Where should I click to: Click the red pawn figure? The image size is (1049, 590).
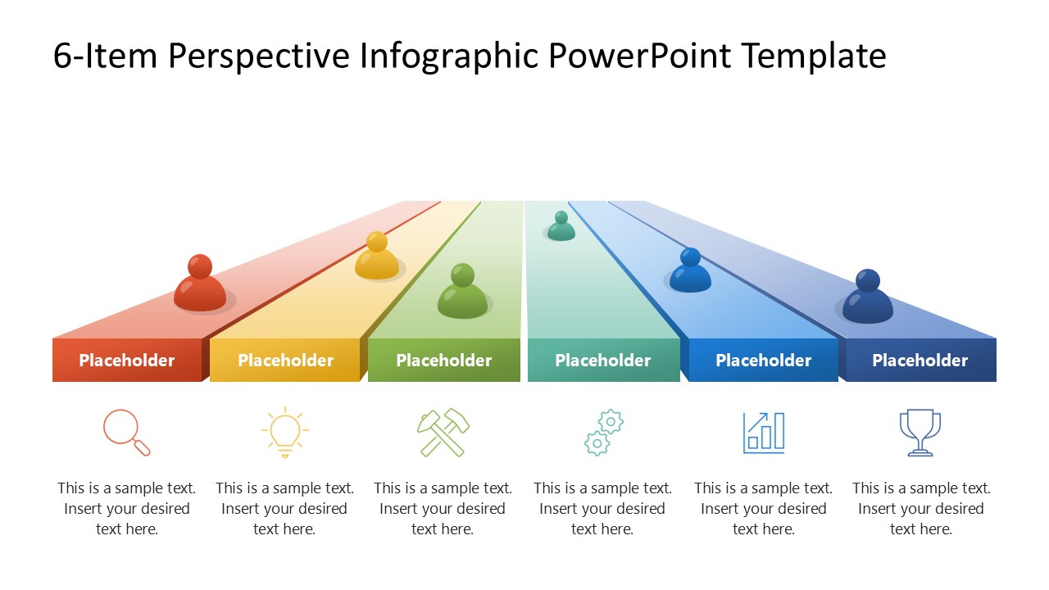tap(200, 285)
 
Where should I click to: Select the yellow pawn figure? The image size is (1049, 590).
tap(377, 256)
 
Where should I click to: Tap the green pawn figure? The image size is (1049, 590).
tap(462, 293)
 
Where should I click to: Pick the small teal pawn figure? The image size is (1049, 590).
tap(561, 227)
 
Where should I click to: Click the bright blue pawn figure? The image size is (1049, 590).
tap(690, 272)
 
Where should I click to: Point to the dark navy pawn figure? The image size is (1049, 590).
tap(867, 298)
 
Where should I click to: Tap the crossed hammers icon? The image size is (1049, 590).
tap(443, 432)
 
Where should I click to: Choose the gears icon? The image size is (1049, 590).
tap(603, 433)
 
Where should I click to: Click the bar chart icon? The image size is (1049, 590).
tap(764, 432)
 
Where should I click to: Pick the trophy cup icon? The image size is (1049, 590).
tap(920, 432)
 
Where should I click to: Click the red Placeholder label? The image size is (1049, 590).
tap(126, 361)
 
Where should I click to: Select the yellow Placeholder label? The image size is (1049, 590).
tap(285, 361)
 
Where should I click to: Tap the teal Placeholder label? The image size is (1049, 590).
tap(602, 361)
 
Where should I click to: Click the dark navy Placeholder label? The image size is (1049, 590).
tap(920, 361)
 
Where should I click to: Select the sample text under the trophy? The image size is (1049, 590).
tap(921, 508)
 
